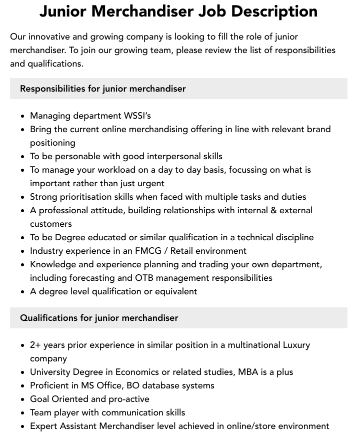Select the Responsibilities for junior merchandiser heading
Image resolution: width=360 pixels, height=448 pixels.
[x=102, y=89]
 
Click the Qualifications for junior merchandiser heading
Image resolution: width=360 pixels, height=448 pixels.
[x=99, y=318]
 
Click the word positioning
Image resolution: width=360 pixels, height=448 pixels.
[x=52, y=143]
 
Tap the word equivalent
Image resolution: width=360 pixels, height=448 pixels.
[x=171, y=291]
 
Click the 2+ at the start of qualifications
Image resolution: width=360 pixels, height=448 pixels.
[x=35, y=345]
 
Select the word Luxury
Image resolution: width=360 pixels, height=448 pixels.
[x=296, y=345]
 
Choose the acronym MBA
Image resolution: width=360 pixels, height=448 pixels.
[x=248, y=372]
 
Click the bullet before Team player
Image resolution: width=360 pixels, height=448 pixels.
[x=23, y=413]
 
